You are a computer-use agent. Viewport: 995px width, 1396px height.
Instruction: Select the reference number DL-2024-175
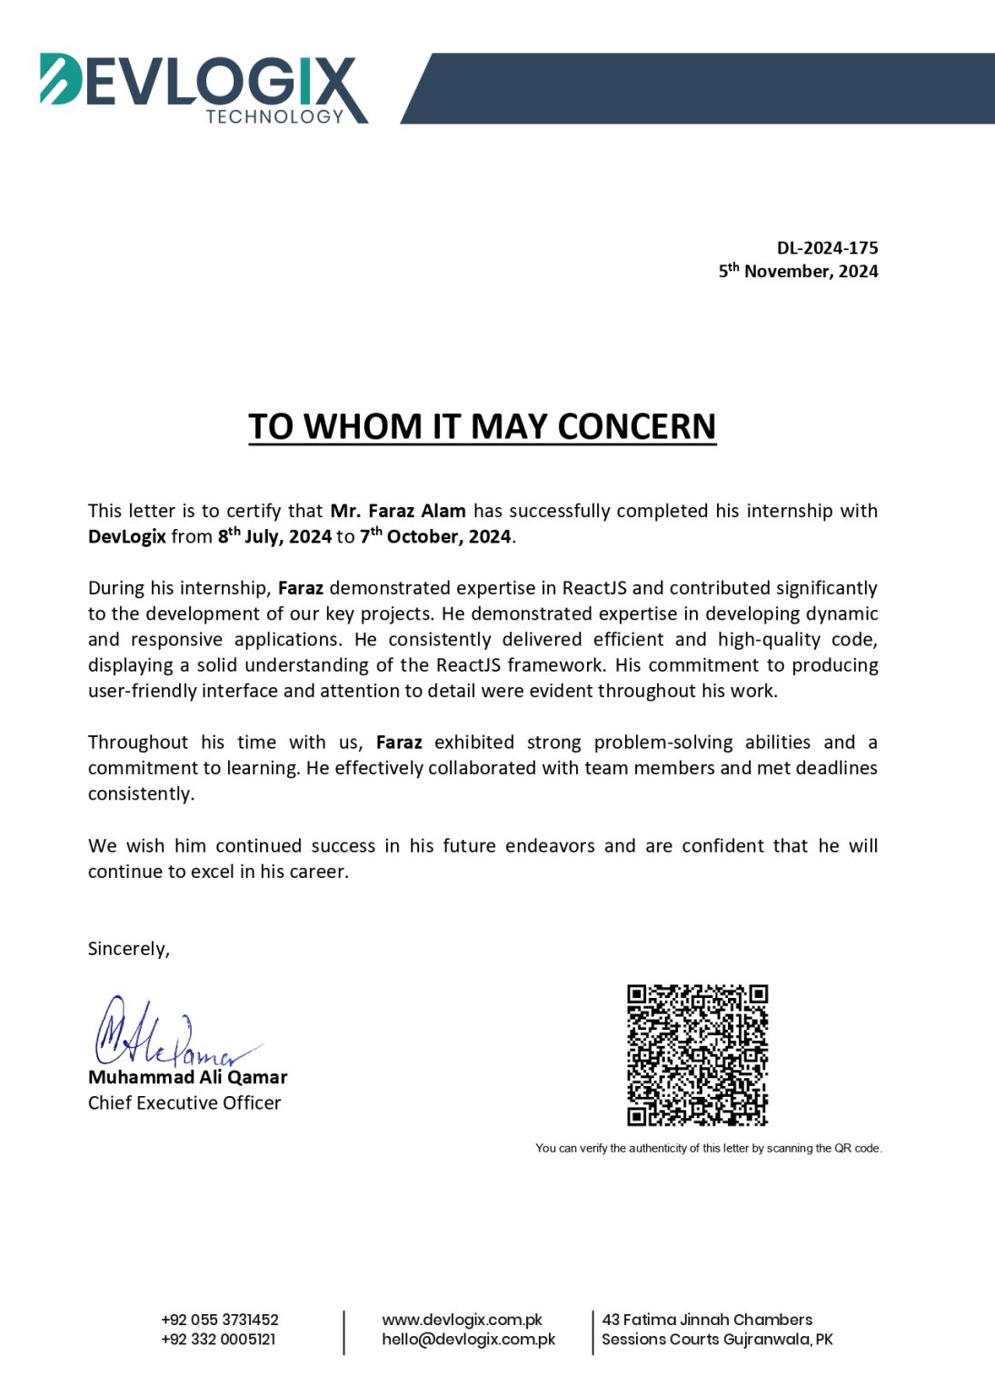[x=827, y=248]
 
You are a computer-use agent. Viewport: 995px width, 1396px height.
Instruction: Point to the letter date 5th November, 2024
[x=798, y=271]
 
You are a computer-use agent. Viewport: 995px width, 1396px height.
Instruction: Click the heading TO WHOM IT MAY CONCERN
[x=483, y=426]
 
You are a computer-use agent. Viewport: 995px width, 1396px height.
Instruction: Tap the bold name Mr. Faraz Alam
[x=398, y=511]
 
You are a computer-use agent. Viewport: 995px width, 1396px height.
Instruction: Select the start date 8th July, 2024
[x=274, y=536]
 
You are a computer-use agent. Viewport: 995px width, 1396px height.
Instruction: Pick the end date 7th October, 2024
[x=435, y=536]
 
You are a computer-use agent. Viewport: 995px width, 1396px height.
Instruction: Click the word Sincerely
[x=128, y=949]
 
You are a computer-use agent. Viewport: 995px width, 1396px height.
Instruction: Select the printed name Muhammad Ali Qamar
[x=187, y=1077]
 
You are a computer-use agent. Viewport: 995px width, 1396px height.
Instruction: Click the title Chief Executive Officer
[x=184, y=1102]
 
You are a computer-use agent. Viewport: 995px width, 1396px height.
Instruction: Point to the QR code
[x=697, y=1054]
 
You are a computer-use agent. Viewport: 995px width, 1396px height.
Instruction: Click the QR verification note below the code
[x=709, y=1148]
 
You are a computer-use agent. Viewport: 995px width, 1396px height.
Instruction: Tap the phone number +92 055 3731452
[x=220, y=1320]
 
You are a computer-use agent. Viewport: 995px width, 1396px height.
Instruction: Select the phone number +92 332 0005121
[x=218, y=1339]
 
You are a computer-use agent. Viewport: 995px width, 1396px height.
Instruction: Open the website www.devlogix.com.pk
[x=462, y=1320]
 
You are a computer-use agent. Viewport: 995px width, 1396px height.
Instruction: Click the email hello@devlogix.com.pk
[x=468, y=1339]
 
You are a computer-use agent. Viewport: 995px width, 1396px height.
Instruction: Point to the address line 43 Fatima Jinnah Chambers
[x=707, y=1320]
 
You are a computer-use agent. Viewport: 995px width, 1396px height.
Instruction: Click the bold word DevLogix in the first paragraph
[x=126, y=536]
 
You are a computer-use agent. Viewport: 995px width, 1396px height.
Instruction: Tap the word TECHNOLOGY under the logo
[x=274, y=116]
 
